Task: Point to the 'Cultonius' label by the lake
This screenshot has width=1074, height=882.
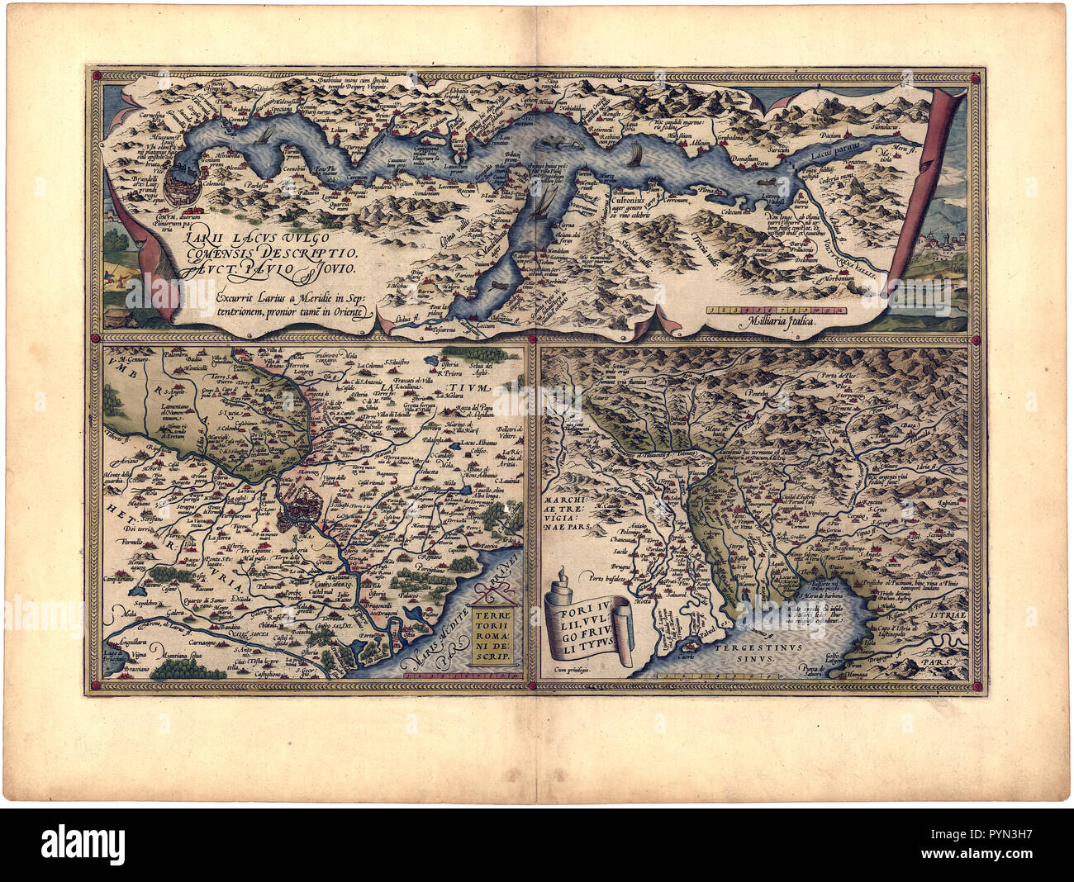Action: point(631,198)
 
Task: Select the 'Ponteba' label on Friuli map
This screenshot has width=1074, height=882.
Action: point(758,393)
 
